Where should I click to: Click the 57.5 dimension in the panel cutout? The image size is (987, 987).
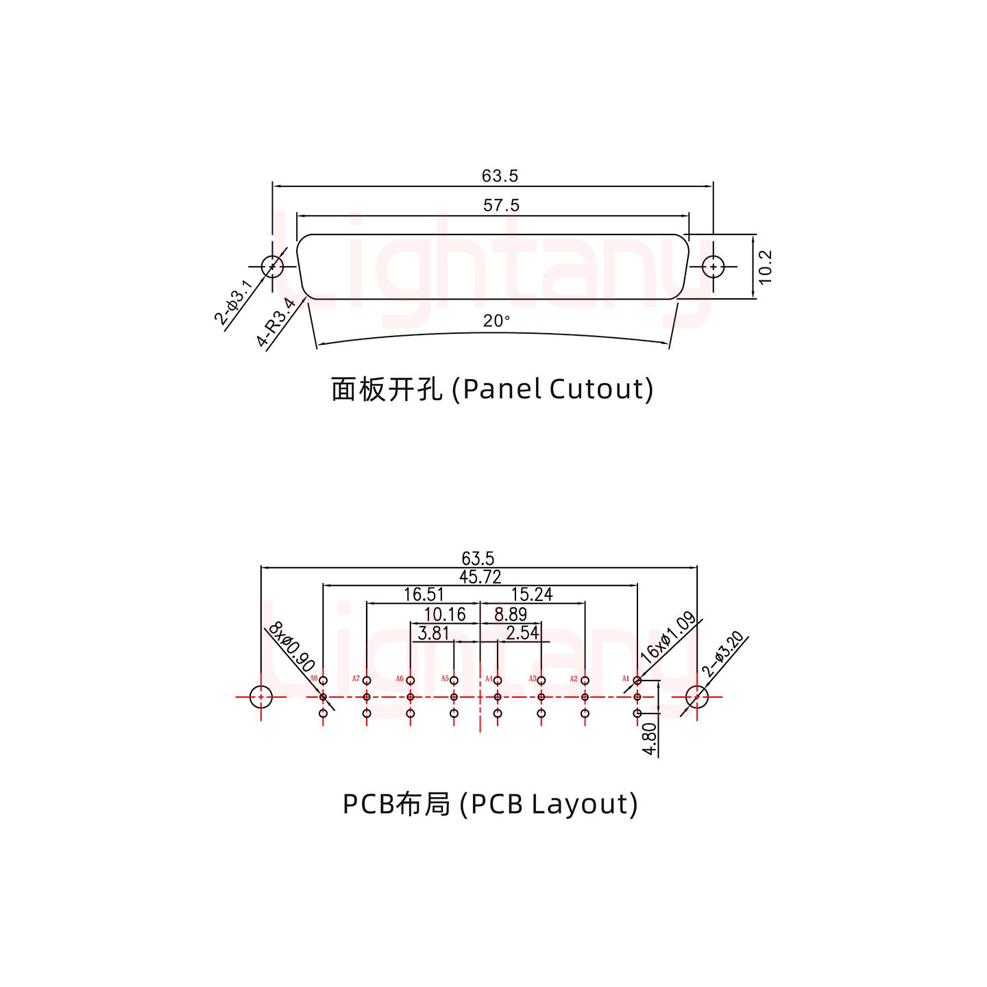point(501,205)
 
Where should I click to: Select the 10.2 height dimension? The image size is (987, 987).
point(766,266)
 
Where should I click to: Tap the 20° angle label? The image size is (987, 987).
point(496,321)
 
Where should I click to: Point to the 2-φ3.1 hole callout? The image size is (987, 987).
point(234,302)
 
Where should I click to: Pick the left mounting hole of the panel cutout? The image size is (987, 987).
point(272,266)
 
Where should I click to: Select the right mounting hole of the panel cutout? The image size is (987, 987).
point(714,266)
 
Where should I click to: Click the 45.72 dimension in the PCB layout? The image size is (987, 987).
point(480,577)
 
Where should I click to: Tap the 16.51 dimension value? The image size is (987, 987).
point(424,594)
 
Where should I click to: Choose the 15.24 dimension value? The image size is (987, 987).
point(532,594)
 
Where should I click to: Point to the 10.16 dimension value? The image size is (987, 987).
point(445,614)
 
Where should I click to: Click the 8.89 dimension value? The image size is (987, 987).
point(510,614)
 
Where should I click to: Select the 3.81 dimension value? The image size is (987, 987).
point(433,633)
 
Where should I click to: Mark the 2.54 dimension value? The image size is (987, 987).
point(522,633)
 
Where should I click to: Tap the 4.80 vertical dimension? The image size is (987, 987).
point(650,739)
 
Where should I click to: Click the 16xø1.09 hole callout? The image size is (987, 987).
point(668,637)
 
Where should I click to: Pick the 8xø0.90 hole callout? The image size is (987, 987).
point(291,647)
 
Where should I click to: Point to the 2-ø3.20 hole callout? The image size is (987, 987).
point(723,655)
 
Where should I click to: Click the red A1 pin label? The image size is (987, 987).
point(626,679)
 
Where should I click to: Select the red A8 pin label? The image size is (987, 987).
point(314,679)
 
